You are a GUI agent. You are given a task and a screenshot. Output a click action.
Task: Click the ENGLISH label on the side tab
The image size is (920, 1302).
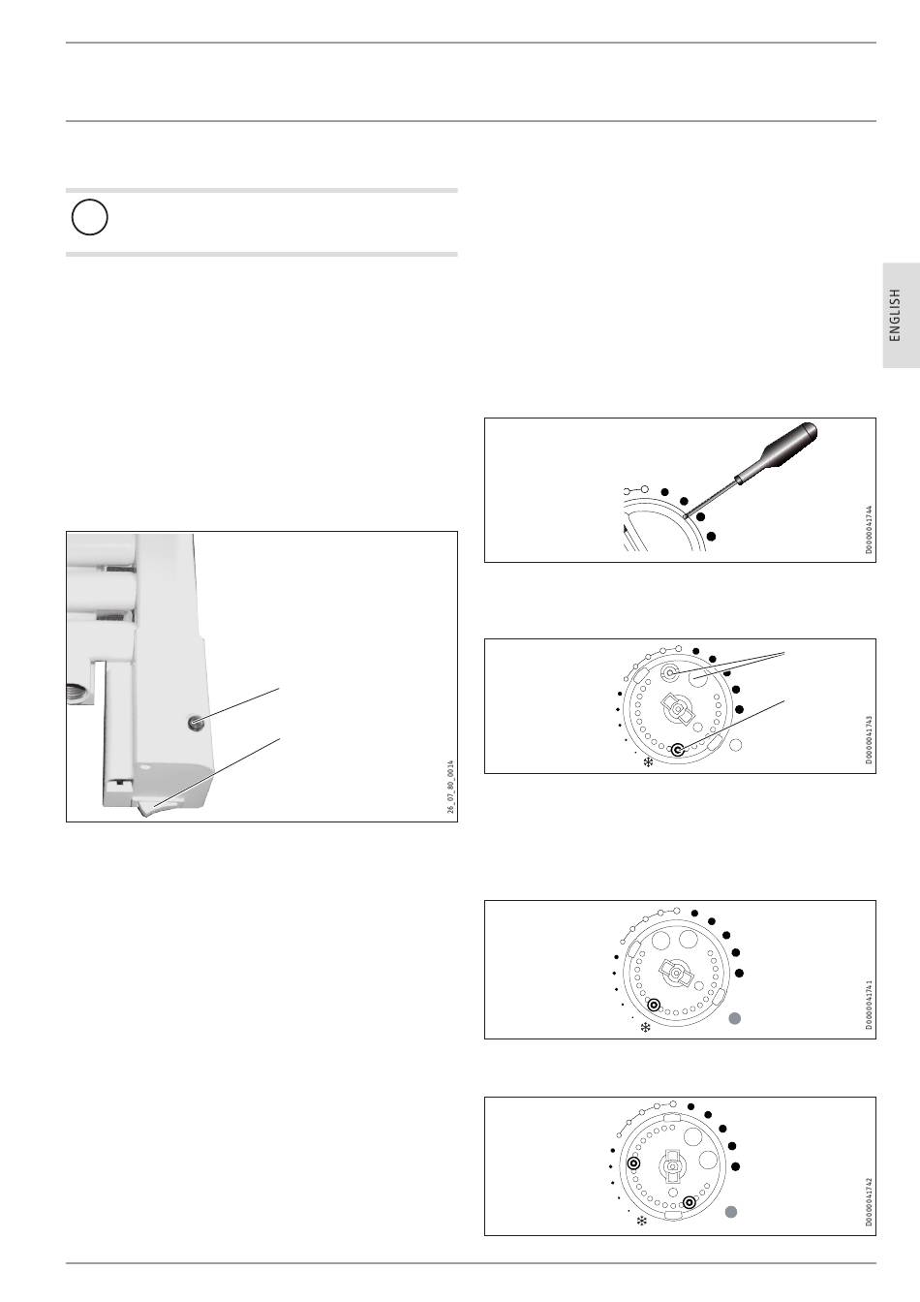(895, 315)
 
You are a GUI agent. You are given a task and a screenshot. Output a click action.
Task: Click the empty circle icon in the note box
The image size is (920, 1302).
(89, 217)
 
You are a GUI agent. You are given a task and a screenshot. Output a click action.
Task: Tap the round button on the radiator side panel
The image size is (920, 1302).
(196, 723)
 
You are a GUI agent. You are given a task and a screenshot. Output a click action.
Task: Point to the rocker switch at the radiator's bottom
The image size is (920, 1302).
(152, 806)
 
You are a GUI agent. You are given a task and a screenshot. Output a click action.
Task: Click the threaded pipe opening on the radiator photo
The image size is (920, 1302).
(76, 693)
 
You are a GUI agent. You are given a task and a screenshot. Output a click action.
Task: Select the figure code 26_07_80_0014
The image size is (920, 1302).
(451, 787)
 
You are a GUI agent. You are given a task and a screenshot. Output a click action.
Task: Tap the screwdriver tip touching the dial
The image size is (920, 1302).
(687, 515)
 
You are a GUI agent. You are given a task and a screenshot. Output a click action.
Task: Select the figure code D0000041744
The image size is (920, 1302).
(870, 530)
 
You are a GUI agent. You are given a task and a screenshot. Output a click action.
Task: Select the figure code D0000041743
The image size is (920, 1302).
(870, 740)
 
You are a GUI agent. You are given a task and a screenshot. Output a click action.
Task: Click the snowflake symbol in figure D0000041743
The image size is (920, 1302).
(648, 762)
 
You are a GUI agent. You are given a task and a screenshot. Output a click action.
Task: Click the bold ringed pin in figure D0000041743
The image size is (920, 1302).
(677, 751)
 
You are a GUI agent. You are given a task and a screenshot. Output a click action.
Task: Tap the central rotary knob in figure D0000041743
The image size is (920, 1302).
(678, 708)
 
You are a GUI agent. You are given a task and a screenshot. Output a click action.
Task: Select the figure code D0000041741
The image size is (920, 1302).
(870, 1005)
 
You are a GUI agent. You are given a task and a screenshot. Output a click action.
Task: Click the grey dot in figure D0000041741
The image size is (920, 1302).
(735, 1018)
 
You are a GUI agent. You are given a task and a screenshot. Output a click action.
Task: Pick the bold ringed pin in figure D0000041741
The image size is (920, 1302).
(654, 1005)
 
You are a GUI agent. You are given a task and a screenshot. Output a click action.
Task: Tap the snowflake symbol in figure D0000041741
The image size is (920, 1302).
(645, 1028)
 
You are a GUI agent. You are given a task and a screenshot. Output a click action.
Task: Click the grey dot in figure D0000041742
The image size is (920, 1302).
(731, 1212)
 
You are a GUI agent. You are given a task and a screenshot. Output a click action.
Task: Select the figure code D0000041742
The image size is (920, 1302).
(870, 1202)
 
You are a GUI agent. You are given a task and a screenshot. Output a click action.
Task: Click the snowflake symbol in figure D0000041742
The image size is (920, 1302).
(642, 1222)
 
